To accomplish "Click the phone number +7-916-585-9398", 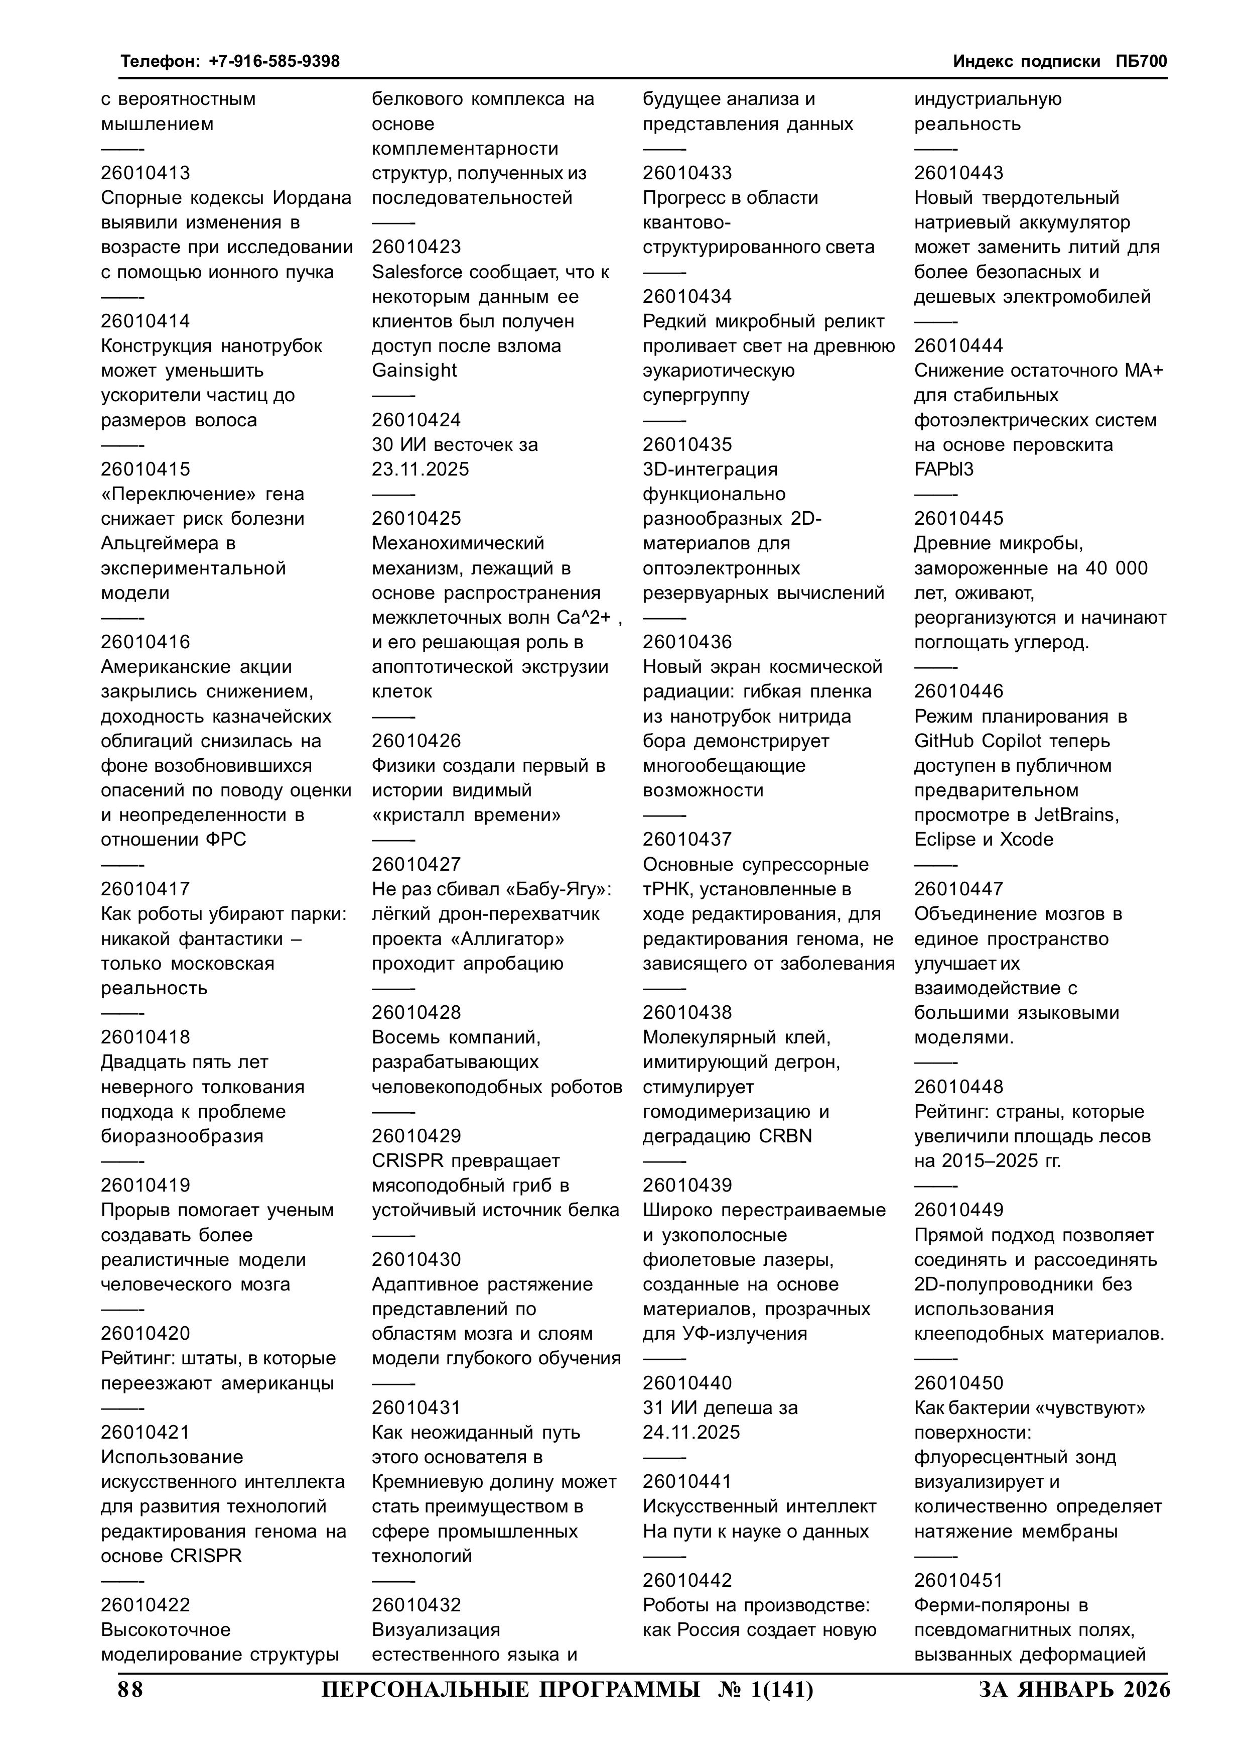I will [274, 61].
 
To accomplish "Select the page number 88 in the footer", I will [130, 1690].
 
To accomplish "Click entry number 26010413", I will [145, 173].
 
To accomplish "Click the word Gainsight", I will [414, 371].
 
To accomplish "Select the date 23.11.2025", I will [421, 469].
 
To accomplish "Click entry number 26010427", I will [417, 864].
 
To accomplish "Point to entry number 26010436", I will [687, 642].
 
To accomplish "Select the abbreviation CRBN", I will [785, 1136].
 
